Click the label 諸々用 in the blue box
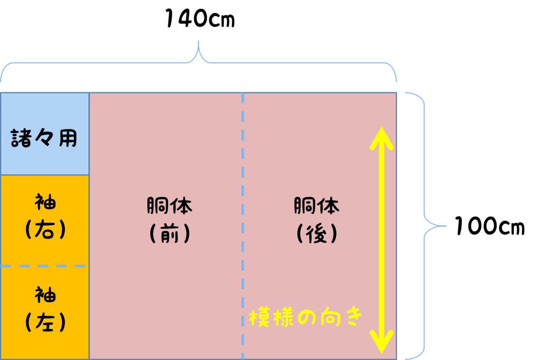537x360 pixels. tap(44, 138)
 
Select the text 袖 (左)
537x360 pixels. tap(45, 309)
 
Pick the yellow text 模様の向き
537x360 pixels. tap(305, 317)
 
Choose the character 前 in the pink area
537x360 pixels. tap(170, 233)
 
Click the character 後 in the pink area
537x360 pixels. tap(316, 233)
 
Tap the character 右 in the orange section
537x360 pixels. tap(46, 230)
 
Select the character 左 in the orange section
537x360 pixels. tap(46, 321)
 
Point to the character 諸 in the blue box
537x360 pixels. tap(21, 138)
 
